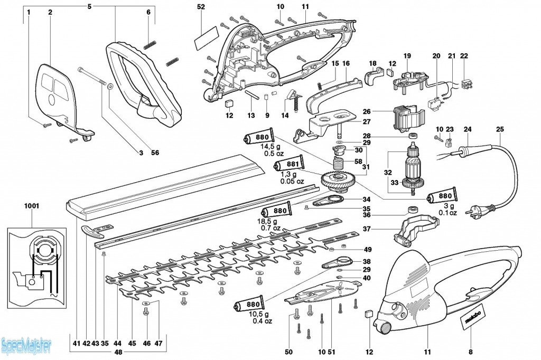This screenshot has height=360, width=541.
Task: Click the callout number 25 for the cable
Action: (x=500, y=129)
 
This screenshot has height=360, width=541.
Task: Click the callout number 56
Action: (x=155, y=153)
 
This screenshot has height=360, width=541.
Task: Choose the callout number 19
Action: (x=407, y=55)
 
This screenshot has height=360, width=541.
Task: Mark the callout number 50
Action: (x=288, y=352)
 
